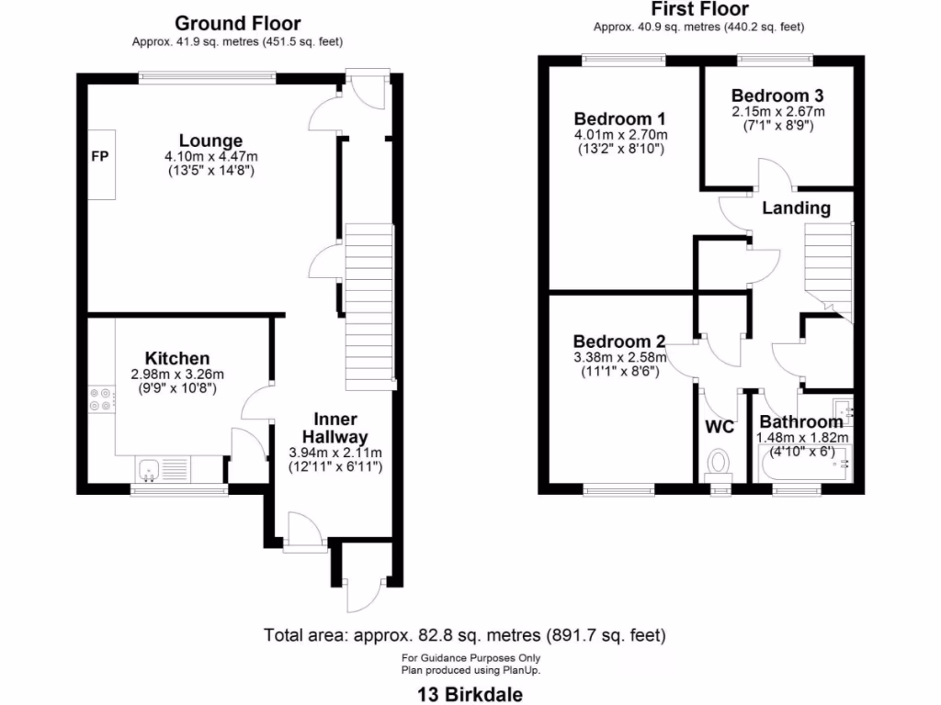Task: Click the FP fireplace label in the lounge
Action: [x=99, y=157]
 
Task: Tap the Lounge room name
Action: [x=210, y=141]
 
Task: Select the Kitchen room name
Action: [x=177, y=358]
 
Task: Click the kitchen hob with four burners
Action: [x=101, y=397]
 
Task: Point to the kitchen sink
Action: [x=150, y=471]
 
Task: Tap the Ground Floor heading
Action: [x=237, y=23]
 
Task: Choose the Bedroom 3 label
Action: [x=777, y=95]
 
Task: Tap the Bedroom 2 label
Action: [x=618, y=341]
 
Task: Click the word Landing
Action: [x=796, y=208]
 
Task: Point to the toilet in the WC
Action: [x=718, y=463]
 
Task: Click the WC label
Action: [x=720, y=427]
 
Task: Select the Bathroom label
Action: [x=800, y=422]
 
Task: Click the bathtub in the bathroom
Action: [x=804, y=464]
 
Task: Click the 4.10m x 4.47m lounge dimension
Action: [x=210, y=157]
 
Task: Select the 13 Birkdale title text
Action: [x=471, y=693]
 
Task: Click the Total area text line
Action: [x=464, y=635]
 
